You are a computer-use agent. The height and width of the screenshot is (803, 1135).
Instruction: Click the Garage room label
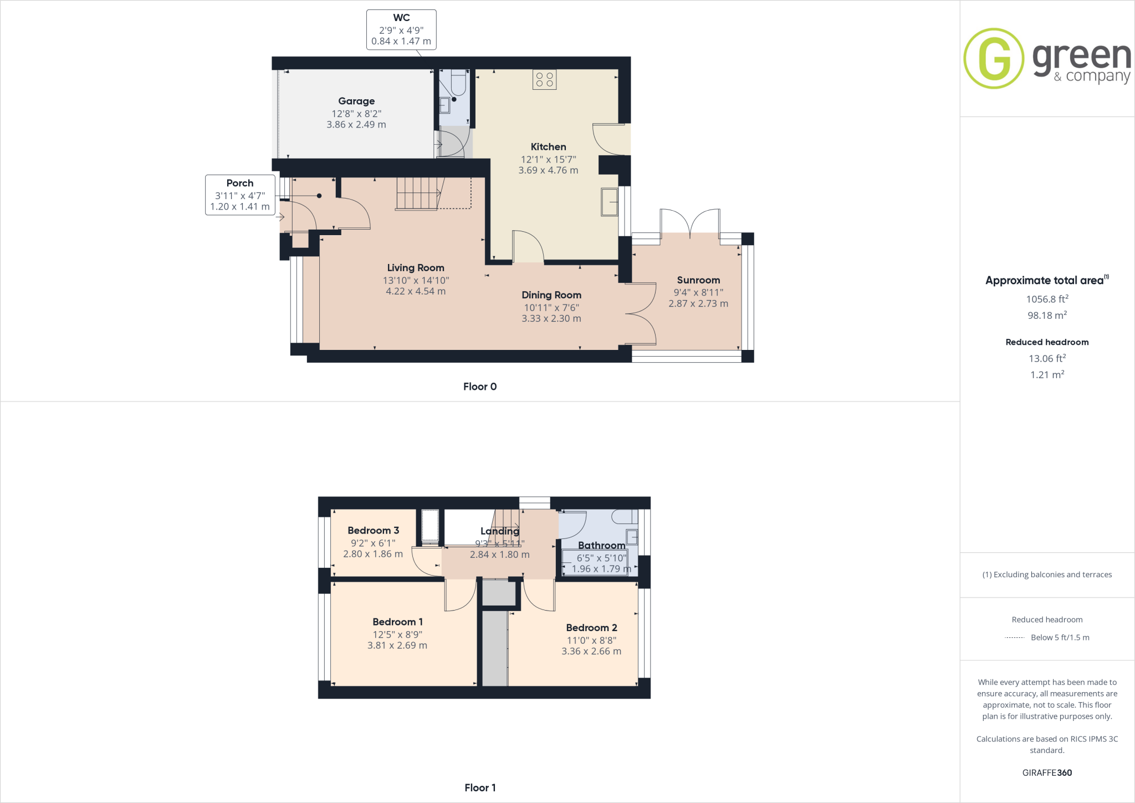tap(356, 101)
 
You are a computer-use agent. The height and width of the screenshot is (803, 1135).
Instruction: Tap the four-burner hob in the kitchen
tap(544, 79)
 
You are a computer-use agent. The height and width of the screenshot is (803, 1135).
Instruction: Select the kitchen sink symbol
tap(610, 202)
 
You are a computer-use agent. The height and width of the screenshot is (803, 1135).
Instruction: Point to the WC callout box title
tap(401, 18)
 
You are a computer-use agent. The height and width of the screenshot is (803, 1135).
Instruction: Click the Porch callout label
tap(239, 183)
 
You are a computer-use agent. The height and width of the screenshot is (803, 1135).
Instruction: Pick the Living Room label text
tap(416, 268)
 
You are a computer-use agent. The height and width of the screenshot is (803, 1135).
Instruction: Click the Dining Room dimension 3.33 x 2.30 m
tap(551, 318)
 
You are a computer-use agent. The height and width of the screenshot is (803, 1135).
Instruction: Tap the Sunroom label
tap(698, 280)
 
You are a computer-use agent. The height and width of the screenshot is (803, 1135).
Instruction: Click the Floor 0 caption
tap(480, 387)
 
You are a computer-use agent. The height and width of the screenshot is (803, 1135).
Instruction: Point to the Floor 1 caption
tap(480, 787)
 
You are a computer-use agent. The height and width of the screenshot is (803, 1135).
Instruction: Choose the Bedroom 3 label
tap(373, 530)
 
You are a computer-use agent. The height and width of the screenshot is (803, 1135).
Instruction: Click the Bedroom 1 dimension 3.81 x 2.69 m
tap(397, 646)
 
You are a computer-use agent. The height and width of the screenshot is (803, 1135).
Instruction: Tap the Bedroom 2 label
tap(591, 627)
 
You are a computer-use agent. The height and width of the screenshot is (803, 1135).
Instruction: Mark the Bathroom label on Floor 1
tap(601, 545)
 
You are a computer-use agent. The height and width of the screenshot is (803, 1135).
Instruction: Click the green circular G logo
tap(994, 58)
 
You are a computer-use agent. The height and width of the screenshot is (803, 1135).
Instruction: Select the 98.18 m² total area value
tap(1047, 315)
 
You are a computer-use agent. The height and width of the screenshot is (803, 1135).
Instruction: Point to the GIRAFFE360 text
tap(1047, 772)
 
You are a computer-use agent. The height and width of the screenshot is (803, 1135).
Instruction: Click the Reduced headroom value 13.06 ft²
tap(1047, 358)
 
